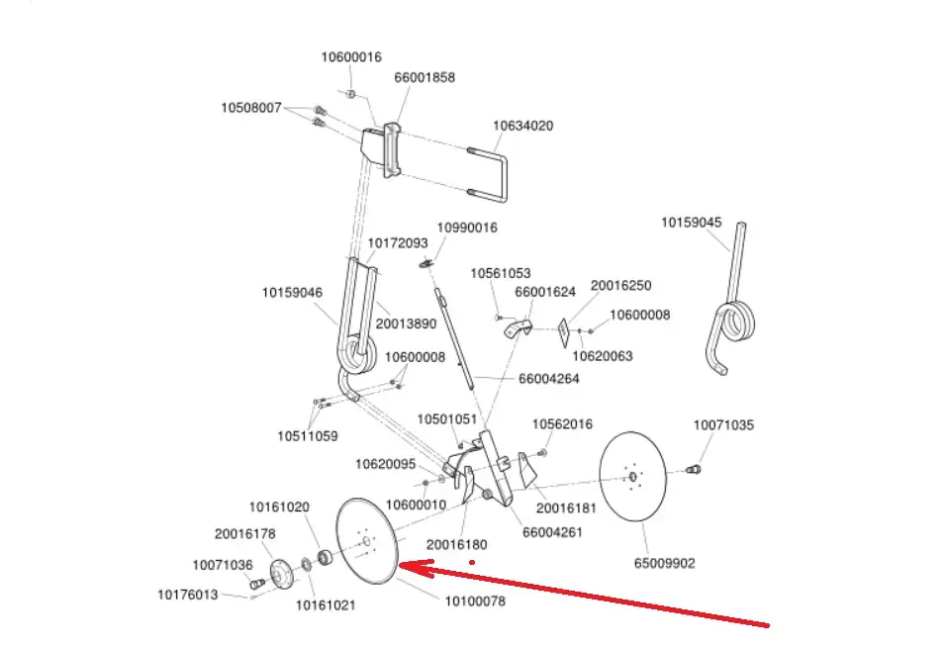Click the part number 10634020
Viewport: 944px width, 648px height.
point(522,126)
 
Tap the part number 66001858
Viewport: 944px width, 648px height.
point(425,77)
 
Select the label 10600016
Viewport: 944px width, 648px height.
point(350,57)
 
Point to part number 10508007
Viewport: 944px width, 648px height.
point(251,107)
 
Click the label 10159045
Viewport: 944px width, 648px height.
point(691,223)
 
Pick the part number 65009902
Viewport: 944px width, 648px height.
point(665,564)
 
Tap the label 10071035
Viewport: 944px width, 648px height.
point(723,425)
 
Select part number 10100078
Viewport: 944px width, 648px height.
point(474,602)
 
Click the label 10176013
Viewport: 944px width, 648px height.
point(188,595)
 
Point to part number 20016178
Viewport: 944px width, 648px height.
point(244,534)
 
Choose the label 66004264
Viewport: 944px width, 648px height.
point(549,378)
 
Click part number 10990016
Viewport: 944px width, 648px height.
point(467,228)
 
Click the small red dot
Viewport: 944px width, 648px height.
point(472,562)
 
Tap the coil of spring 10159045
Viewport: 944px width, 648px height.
point(737,322)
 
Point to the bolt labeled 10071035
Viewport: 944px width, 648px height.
point(695,468)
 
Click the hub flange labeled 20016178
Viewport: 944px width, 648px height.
point(280,573)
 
